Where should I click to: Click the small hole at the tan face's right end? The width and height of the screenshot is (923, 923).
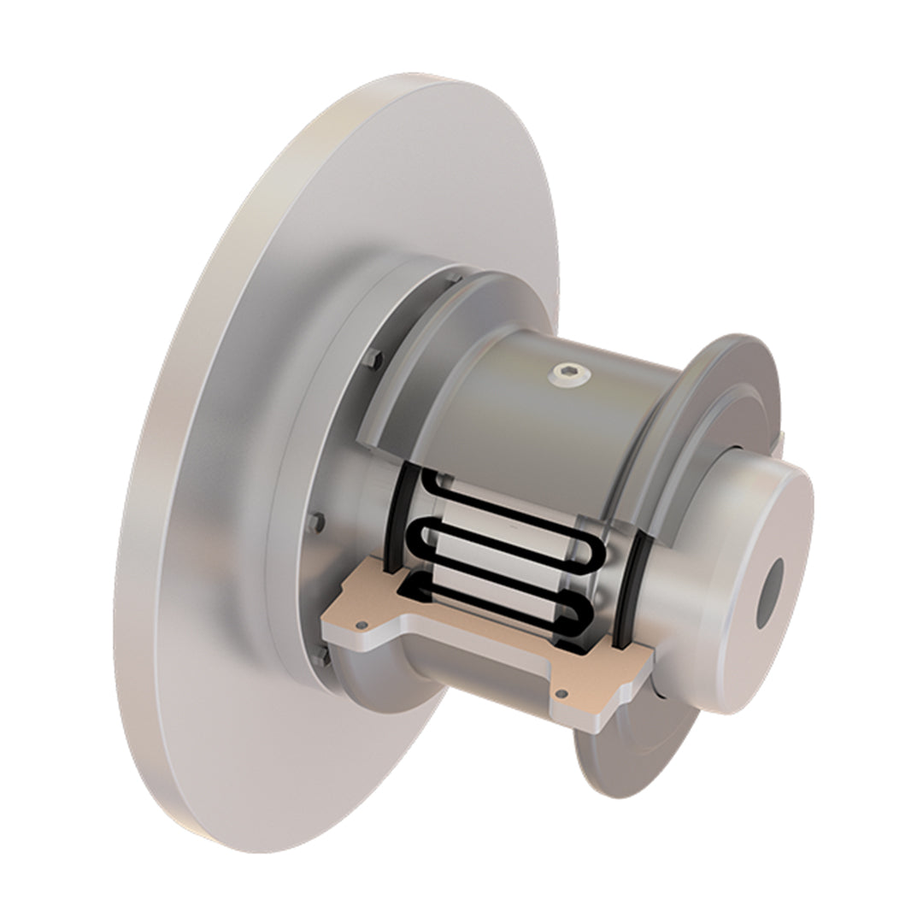click(561, 694)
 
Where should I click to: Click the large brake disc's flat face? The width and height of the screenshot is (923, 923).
click(214, 513)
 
